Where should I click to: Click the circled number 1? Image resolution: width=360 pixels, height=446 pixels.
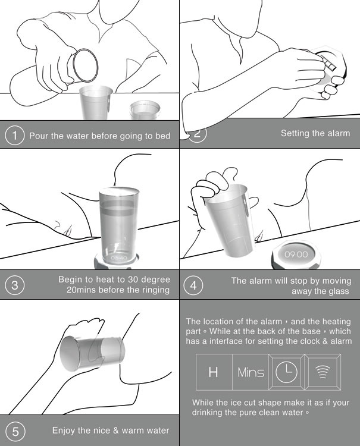coord(14,135)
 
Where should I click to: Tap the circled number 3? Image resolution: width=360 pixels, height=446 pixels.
coord(14,285)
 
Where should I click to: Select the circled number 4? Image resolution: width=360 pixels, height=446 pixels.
coord(193,285)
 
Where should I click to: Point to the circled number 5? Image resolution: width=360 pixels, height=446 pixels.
coord(15,432)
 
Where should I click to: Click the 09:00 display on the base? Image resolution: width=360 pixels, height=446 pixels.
coord(296,254)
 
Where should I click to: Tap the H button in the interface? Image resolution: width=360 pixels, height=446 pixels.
coord(213,372)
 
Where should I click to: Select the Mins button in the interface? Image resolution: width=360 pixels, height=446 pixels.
coord(251,372)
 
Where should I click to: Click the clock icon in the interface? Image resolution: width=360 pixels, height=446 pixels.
coord(286,372)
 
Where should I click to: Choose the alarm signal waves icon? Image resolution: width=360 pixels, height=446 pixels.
coord(323,372)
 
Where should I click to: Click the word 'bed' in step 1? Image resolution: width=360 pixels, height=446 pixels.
coord(162,136)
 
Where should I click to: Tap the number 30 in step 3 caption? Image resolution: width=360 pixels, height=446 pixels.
coord(133,279)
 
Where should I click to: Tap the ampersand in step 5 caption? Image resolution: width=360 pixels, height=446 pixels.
coord(115,430)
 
